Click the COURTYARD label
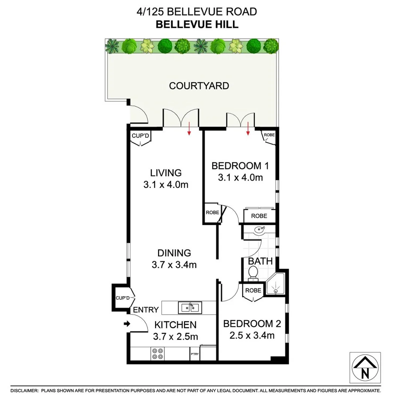(x=199, y=86)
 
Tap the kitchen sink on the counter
(x=190, y=307)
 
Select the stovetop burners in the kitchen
(x=157, y=354)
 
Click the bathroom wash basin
(x=258, y=231)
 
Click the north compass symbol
(x=365, y=368)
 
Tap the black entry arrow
(x=127, y=324)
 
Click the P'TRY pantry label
(x=195, y=354)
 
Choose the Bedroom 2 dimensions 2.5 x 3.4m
(x=252, y=336)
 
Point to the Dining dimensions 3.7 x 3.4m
(x=174, y=265)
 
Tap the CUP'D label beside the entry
(x=122, y=298)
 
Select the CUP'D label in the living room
(x=140, y=135)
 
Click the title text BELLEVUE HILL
(x=197, y=25)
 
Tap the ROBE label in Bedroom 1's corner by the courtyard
(x=269, y=135)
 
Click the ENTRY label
(x=146, y=310)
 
